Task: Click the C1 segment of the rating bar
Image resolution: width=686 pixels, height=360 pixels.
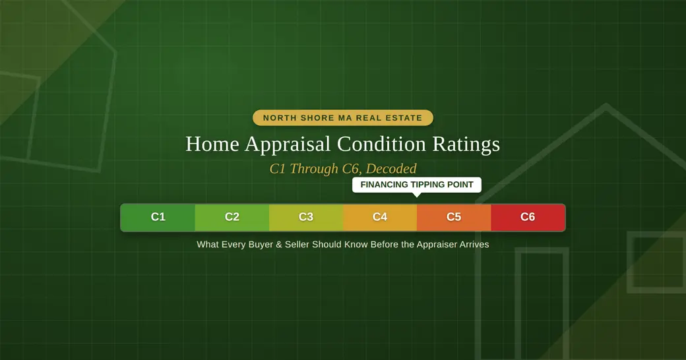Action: click(158, 218)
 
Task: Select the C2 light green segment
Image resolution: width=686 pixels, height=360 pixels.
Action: click(232, 218)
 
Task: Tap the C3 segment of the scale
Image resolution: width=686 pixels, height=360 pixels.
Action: click(306, 218)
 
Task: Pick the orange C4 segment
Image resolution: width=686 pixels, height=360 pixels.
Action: click(380, 218)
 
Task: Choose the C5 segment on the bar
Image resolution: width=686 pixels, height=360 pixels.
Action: click(454, 218)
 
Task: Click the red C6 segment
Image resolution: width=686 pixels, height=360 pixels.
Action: click(528, 218)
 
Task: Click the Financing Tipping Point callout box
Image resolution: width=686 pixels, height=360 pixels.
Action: click(417, 185)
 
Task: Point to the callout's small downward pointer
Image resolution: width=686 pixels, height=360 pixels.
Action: click(417, 195)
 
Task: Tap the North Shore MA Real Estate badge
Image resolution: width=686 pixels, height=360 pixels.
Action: click(343, 117)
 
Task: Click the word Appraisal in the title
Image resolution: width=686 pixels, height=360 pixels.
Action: click(288, 144)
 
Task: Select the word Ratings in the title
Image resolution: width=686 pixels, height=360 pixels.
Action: click(466, 144)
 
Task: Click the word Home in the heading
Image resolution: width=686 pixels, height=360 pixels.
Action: click(212, 144)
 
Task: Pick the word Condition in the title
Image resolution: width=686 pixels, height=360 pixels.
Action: click(381, 144)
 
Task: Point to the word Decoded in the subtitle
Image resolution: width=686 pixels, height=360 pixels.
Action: click(391, 168)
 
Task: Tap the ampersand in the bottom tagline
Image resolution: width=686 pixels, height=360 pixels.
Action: click(278, 245)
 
